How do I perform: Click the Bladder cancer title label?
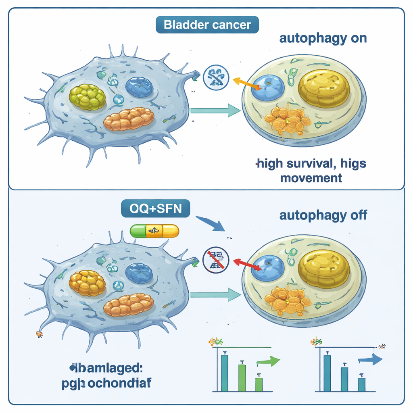[207, 25]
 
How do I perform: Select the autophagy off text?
[323, 215]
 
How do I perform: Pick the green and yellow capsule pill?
[154, 231]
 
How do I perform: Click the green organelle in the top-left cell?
[88, 97]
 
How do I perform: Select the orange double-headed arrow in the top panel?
[247, 83]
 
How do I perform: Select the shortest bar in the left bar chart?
[259, 384]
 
